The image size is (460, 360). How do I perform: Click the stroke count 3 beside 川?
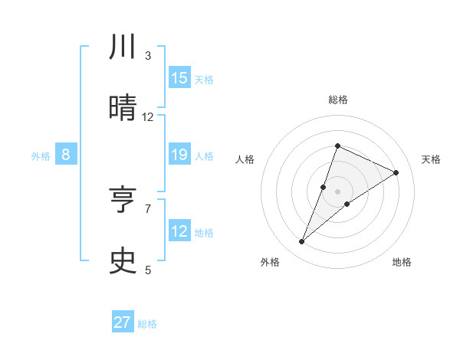[148, 56]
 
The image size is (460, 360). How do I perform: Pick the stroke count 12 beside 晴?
[148, 117]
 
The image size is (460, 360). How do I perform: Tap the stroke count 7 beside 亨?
[148, 208]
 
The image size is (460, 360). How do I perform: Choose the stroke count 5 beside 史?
[148, 270]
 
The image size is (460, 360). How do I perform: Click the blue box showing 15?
[179, 78]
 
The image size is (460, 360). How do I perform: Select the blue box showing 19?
[179, 155]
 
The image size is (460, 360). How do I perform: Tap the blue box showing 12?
[179, 231]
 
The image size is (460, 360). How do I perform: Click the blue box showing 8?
[66, 155]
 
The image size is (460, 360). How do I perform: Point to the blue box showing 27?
[123, 322]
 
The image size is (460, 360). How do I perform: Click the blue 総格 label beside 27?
[147, 324]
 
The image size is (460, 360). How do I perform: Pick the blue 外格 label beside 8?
[41, 156]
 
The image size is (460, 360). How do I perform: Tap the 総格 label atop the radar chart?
[338, 100]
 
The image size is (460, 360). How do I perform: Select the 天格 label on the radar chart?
[432, 159]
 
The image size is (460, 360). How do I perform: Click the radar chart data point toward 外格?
[302, 242]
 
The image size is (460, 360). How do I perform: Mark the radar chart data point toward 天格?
[396, 173]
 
